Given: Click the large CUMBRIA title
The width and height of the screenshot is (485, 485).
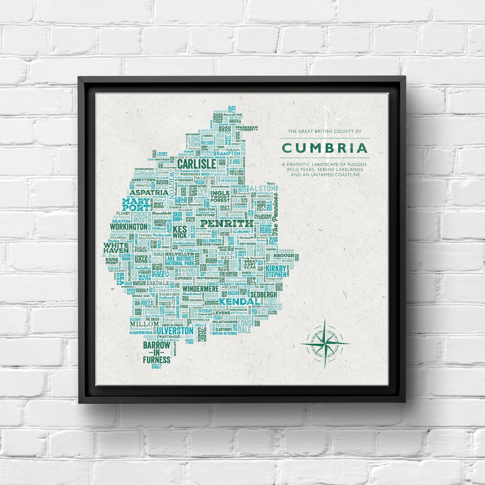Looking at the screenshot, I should [x=325, y=148].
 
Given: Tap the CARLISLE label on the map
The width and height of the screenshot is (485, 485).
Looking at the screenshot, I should [x=196, y=164].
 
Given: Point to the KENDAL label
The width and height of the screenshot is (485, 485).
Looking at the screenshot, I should [x=239, y=302].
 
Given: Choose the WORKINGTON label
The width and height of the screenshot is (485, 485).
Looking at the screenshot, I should [x=128, y=227].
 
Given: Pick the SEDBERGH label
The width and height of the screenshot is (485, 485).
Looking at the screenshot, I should [x=264, y=294].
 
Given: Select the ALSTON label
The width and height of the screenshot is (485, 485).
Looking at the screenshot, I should [x=257, y=188].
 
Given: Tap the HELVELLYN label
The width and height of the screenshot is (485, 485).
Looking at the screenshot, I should [x=179, y=254].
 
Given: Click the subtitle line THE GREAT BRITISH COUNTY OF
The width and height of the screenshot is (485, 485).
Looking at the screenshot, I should [x=325, y=131].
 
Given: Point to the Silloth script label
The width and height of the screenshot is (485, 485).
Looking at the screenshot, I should [x=145, y=174].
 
